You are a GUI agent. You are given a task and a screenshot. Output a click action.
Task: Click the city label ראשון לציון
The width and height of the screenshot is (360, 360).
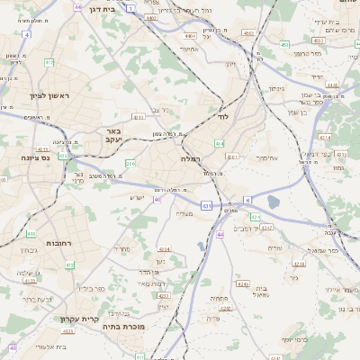click(36, 94)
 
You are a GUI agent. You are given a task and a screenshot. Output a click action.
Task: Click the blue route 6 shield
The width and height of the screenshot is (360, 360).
click(247, 201)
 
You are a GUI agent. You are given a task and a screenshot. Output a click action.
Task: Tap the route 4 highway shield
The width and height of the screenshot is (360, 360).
click(27, 34)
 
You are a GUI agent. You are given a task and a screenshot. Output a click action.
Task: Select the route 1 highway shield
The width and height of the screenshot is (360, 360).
click(130, 7)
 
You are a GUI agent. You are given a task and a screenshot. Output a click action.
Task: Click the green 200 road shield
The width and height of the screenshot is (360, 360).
click(131, 163)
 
